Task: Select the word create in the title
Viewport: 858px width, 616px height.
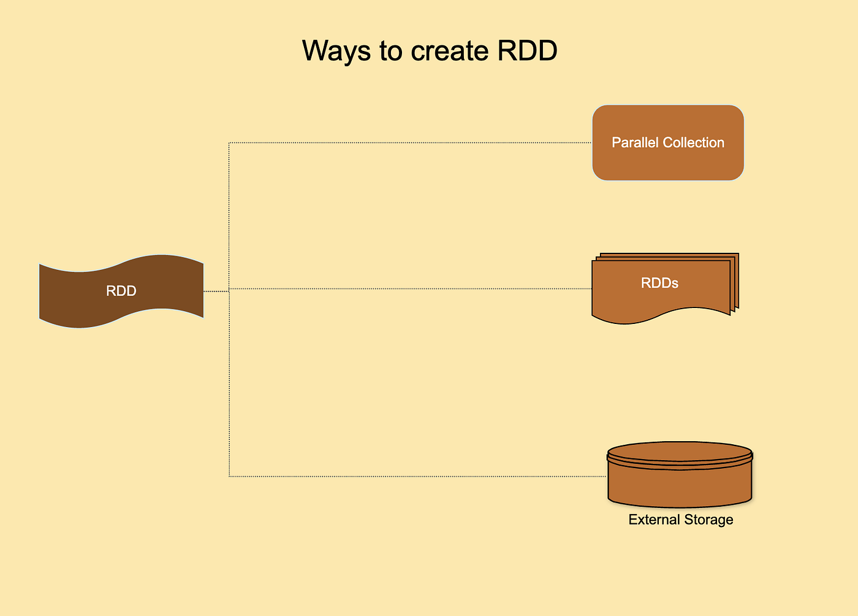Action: point(449,51)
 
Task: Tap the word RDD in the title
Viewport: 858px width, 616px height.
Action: point(527,51)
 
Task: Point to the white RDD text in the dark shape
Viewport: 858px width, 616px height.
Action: point(121,291)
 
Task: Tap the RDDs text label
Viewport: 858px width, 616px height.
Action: point(659,283)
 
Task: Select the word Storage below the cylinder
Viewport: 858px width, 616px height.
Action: point(708,520)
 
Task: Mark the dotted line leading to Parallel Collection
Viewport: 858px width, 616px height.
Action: point(411,143)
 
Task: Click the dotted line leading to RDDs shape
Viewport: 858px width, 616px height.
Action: point(411,288)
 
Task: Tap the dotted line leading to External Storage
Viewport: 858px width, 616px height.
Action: point(417,476)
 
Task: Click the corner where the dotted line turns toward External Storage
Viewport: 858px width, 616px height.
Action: point(229,476)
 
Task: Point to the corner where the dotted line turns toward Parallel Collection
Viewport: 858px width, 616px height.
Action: point(229,143)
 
